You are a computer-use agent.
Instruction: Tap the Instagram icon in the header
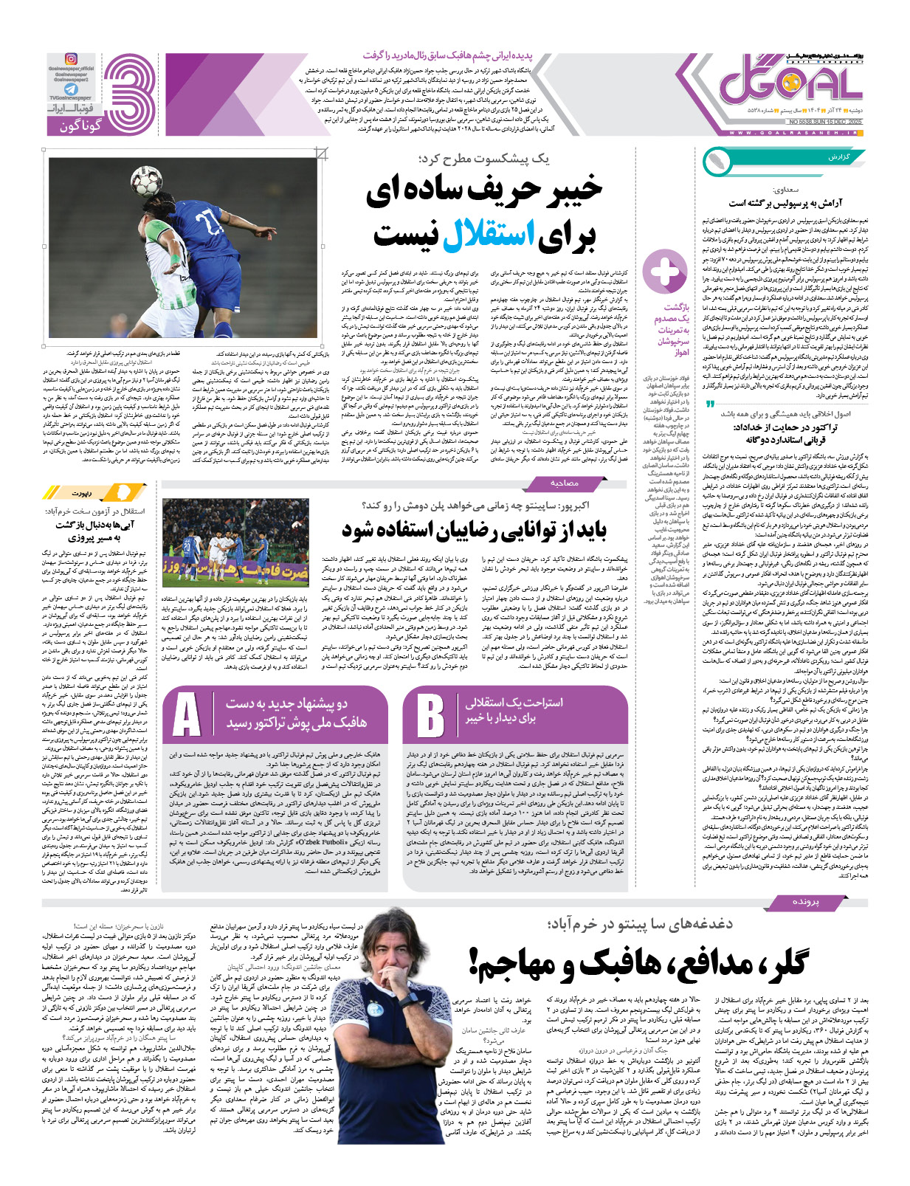[71, 59]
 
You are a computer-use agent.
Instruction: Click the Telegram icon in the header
[71, 89]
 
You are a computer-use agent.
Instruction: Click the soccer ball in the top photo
[146, 182]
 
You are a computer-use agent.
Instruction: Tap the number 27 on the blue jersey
[210, 222]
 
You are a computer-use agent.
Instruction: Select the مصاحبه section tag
[565, 483]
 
